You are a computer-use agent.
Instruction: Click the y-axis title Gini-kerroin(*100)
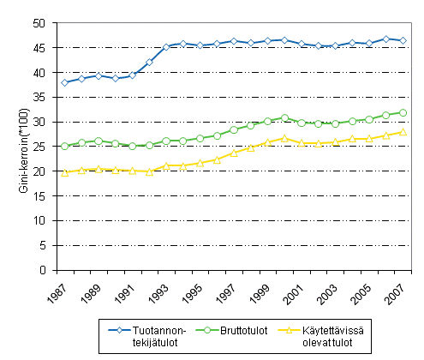(x=27, y=147)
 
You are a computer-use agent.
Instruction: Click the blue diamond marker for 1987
(x=65, y=82)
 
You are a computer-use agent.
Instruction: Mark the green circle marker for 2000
(x=284, y=117)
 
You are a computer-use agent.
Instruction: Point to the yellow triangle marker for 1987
(x=65, y=172)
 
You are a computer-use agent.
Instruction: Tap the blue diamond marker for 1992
(x=149, y=63)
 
